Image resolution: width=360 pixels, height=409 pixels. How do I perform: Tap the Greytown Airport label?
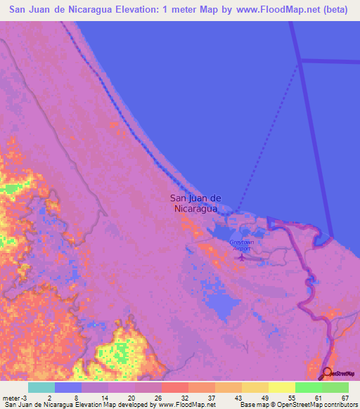coord(241,245)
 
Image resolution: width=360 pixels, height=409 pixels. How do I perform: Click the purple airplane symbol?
coord(242,257)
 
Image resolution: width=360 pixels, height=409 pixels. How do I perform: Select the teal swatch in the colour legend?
coord(41,387)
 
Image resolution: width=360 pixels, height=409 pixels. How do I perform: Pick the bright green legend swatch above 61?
coord(308,387)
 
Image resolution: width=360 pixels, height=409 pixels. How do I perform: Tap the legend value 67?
coord(344,398)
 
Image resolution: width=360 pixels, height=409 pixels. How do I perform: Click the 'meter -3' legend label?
coord(15,398)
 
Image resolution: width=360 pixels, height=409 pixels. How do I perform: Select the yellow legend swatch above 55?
coord(281,387)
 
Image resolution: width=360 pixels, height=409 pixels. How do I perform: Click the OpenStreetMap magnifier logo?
coord(326,372)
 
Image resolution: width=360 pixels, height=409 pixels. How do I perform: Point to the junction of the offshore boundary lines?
coord(300,61)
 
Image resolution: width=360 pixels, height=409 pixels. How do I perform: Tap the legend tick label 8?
coord(76,398)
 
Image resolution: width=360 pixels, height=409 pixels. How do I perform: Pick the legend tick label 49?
coord(264,398)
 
